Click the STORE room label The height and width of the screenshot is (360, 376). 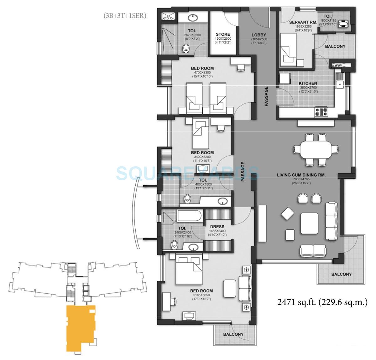[x=223, y=34]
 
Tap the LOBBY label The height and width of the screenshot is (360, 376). [x=258, y=35]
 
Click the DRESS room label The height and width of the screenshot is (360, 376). [x=217, y=227]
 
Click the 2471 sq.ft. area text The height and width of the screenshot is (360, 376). [x=322, y=303]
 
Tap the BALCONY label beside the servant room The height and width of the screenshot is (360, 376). [x=335, y=46]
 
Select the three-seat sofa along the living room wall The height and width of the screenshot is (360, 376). [x=332, y=221]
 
